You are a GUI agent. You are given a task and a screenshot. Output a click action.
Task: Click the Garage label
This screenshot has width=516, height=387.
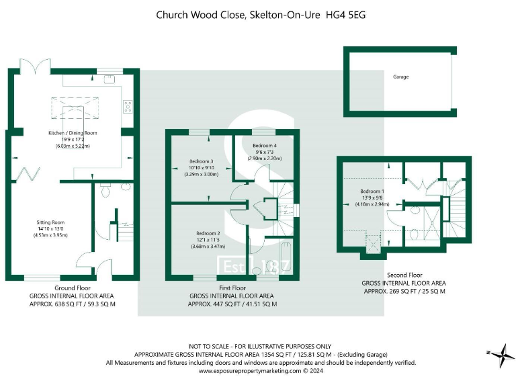400,77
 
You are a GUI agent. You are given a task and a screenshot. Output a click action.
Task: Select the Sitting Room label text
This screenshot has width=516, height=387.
51,222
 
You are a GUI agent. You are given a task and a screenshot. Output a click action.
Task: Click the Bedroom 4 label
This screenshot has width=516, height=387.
264,146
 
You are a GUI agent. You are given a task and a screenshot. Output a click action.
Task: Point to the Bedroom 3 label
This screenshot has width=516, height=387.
201,161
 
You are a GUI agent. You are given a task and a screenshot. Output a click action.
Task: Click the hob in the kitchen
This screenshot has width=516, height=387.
127,105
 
